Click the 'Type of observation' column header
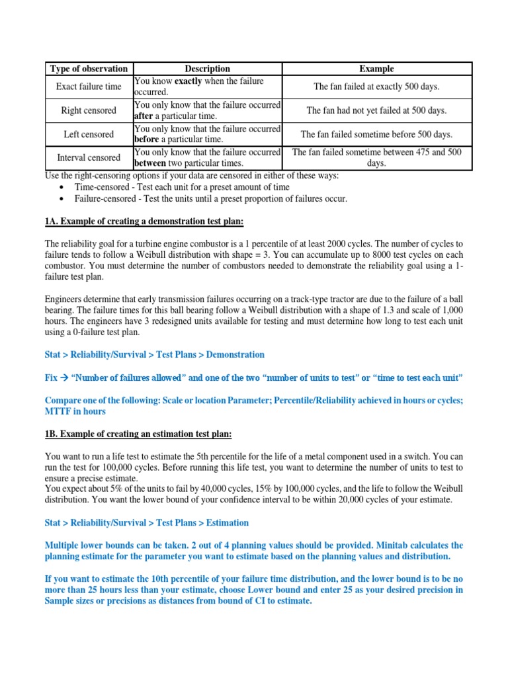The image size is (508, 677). (x=89, y=69)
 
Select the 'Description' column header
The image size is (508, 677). (x=208, y=69)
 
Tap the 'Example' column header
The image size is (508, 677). (x=376, y=69)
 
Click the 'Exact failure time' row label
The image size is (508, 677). (x=89, y=87)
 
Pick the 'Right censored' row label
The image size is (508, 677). (x=89, y=110)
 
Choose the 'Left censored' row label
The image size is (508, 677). (x=89, y=134)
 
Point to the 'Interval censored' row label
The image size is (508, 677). (x=89, y=158)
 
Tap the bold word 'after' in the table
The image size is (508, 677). (x=144, y=116)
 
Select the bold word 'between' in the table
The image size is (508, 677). (x=150, y=163)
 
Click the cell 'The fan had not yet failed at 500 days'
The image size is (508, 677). (x=376, y=110)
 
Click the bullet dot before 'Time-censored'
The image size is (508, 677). (x=62, y=187)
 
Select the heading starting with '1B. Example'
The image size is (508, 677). (x=138, y=434)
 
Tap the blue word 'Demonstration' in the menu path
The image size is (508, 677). (x=235, y=354)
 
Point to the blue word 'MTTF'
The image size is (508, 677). (x=57, y=411)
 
